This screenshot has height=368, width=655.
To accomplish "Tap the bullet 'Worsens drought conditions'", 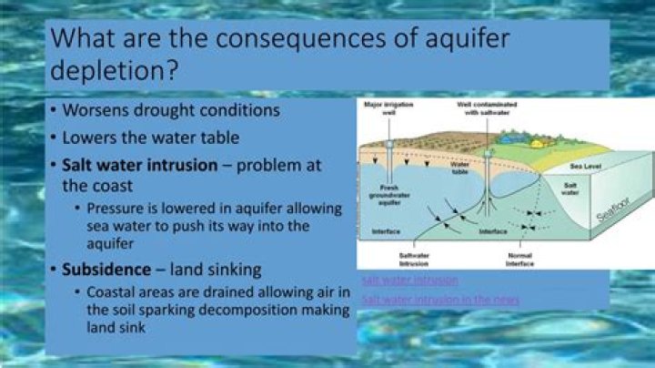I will coord(170,110).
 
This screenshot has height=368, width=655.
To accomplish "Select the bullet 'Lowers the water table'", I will coord(151,138).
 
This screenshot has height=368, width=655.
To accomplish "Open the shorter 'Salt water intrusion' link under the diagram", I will coord(409,280).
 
